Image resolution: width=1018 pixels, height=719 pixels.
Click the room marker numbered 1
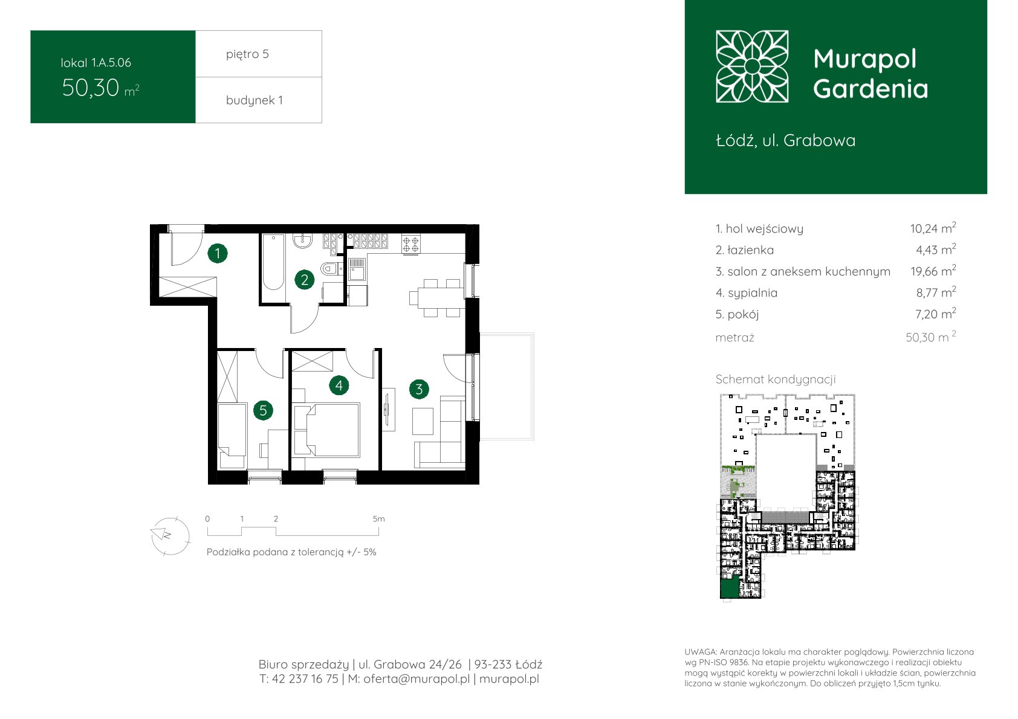217,253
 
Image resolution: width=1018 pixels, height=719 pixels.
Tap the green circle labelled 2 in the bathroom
305,280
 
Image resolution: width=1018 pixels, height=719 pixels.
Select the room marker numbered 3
419,389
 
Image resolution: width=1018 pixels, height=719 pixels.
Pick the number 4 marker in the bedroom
339,385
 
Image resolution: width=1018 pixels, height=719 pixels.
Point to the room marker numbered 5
263,411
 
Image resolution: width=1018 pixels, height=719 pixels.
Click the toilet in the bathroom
331,269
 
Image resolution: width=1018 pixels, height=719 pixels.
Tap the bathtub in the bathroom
273,262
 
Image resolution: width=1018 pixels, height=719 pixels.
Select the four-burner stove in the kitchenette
411,243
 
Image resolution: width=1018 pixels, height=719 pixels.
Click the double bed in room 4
327,430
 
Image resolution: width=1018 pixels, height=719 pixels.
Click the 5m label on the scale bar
378,518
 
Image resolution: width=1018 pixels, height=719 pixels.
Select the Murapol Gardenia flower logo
752,66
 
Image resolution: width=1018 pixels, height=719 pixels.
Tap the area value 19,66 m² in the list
933,271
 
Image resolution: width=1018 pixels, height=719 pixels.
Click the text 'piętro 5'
247,54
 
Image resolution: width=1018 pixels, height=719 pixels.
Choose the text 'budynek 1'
254,100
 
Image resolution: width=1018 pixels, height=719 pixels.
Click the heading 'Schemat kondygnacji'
776,379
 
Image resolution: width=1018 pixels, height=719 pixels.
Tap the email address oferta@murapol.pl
417,679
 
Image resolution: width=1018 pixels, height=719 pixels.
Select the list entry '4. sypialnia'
746,293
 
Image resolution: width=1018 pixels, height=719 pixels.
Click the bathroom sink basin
302,241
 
